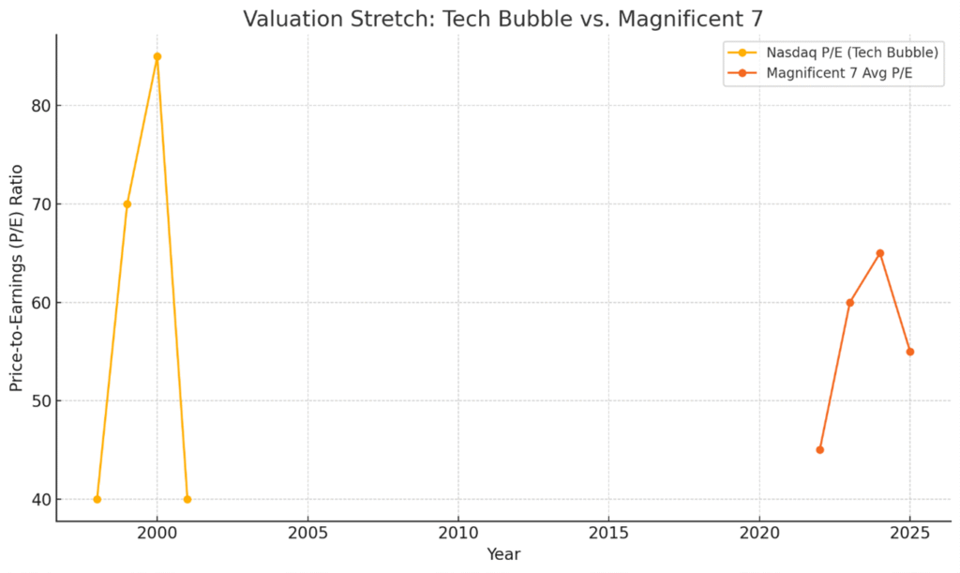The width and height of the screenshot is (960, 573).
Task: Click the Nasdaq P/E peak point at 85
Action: tap(157, 56)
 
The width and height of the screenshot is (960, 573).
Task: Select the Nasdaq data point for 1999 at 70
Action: tap(127, 204)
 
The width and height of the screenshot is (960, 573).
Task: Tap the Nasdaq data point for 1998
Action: tap(97, 499)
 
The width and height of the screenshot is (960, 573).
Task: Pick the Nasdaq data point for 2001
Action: tap(187, 499)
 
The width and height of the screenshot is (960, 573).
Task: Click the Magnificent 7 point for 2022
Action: tap(819, 450)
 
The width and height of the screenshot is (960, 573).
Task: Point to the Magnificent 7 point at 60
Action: tap(849, 303)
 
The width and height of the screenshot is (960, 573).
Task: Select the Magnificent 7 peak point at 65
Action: tap(879, 253)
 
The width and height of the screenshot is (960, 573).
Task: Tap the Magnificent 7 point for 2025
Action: tap(909, 352)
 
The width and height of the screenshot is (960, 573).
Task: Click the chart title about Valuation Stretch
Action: tap(502, 19)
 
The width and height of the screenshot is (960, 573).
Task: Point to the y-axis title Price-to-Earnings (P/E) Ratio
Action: tap(18, 277)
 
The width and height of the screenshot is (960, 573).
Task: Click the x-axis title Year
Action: tap(503, 554)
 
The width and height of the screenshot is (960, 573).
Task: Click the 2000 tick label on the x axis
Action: tap(157, 531)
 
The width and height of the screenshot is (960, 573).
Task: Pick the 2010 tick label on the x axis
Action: tap(458, 531)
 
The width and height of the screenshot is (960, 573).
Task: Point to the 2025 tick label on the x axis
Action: tap(909, 531)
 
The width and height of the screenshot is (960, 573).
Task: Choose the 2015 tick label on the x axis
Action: tap(608, 531)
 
